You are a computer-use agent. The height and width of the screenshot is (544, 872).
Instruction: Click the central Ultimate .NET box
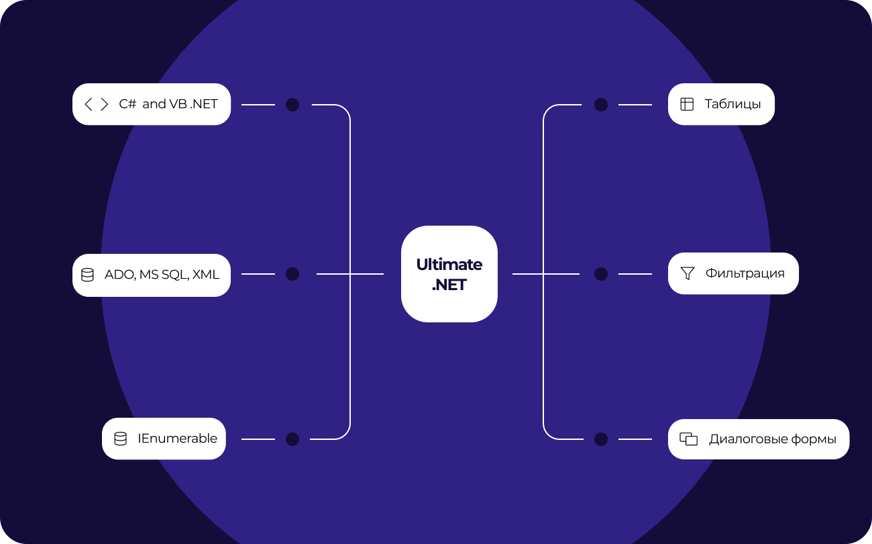click(x=449, y=274)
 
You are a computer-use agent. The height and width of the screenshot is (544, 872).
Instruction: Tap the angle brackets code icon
click(x=96, y=104)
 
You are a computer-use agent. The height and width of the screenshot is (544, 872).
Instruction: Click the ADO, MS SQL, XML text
click(x=162, y=275)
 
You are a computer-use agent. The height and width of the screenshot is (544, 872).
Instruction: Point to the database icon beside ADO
click(x=87, y=275)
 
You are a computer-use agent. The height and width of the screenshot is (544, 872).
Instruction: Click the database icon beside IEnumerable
click(x=120, y=439)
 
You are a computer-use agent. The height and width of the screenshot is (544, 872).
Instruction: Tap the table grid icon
click(x=687, y=104)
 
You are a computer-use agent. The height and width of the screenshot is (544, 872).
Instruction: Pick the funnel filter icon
click(x=688, y=273)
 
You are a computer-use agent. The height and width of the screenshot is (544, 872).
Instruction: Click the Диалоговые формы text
click(x=773, y=439)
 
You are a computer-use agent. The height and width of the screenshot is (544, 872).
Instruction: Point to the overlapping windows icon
click(x=688, y=439)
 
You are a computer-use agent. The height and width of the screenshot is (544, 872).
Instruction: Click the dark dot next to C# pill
click(x=292, y=105)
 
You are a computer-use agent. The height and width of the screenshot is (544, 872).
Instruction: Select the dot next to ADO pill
click(x=292, y=274)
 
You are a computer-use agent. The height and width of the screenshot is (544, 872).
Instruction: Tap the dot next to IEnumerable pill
click(x=292, y=439)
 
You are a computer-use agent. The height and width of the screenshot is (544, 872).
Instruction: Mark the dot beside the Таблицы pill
click(x=601, y=105)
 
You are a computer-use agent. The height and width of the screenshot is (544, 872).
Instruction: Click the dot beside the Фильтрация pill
click(x=601, y=274)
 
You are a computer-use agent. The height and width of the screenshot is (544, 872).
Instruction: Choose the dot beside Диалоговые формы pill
click(x=601, y=439)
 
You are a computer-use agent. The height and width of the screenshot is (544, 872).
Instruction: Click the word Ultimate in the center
click(x=449, y=264)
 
